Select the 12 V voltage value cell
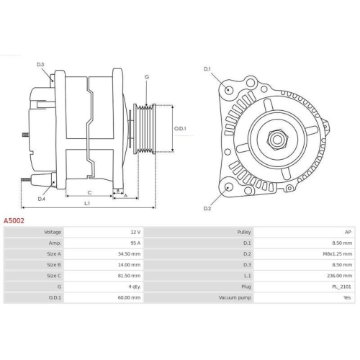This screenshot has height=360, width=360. [134, 233]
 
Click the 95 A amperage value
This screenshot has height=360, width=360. [134, 243]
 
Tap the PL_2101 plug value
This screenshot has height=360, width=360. [341, 287]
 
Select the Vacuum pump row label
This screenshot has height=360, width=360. [235, 297]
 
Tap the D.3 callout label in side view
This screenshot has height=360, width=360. [41, 66]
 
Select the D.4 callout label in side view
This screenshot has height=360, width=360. [42, 199]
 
